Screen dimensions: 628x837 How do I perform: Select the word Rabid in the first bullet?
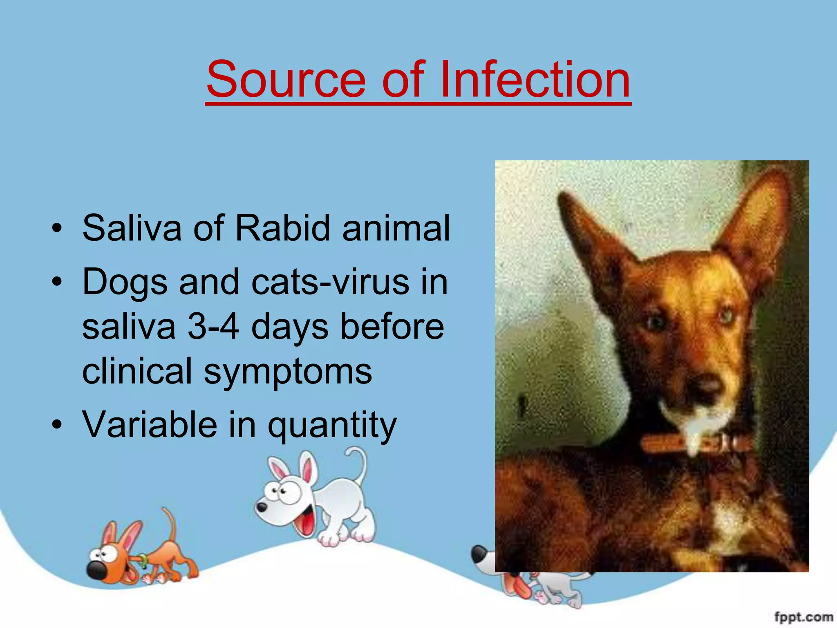coord(282,228)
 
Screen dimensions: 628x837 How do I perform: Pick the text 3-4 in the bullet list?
coord(213,327)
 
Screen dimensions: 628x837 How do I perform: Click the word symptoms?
coord(288,371)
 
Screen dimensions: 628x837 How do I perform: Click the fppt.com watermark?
coord(803,617)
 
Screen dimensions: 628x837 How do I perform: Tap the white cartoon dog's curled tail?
coord(360,462)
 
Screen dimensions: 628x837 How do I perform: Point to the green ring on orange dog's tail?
coord(143,560)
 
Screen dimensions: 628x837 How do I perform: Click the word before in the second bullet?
coord(392,327)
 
